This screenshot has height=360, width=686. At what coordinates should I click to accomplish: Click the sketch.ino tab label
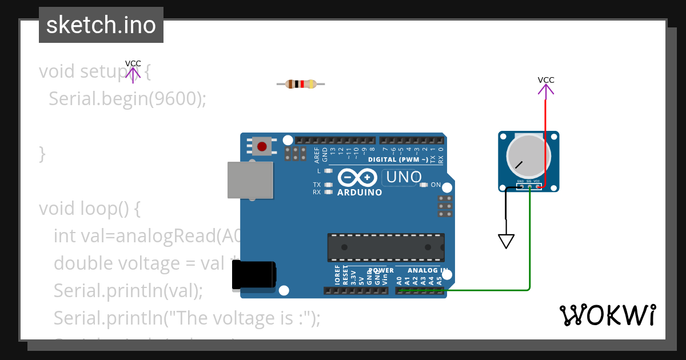101,25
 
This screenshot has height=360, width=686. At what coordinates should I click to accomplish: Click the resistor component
301,84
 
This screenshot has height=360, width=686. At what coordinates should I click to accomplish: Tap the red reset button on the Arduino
262,146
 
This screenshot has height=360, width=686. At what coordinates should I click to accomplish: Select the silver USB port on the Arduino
250,180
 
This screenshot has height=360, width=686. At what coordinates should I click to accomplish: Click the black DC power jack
253,275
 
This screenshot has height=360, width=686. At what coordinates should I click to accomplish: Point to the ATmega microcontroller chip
385,247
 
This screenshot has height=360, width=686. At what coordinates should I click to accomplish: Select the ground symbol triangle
506,241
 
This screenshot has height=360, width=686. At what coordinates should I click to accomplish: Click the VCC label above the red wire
546,80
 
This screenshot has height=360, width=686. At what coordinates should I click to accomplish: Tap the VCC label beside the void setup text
133,63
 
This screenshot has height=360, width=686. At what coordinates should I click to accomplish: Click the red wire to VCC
545,143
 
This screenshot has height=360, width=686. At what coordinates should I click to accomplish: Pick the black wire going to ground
505,206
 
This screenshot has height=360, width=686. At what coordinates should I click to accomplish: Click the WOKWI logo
607,315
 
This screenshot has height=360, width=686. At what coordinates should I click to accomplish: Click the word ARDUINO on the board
360,193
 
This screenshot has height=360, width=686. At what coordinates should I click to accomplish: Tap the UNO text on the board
404,178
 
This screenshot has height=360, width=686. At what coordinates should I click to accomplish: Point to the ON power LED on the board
424,185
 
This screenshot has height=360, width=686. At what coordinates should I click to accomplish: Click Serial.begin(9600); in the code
127,99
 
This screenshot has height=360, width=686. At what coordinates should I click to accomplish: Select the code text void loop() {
90,209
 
